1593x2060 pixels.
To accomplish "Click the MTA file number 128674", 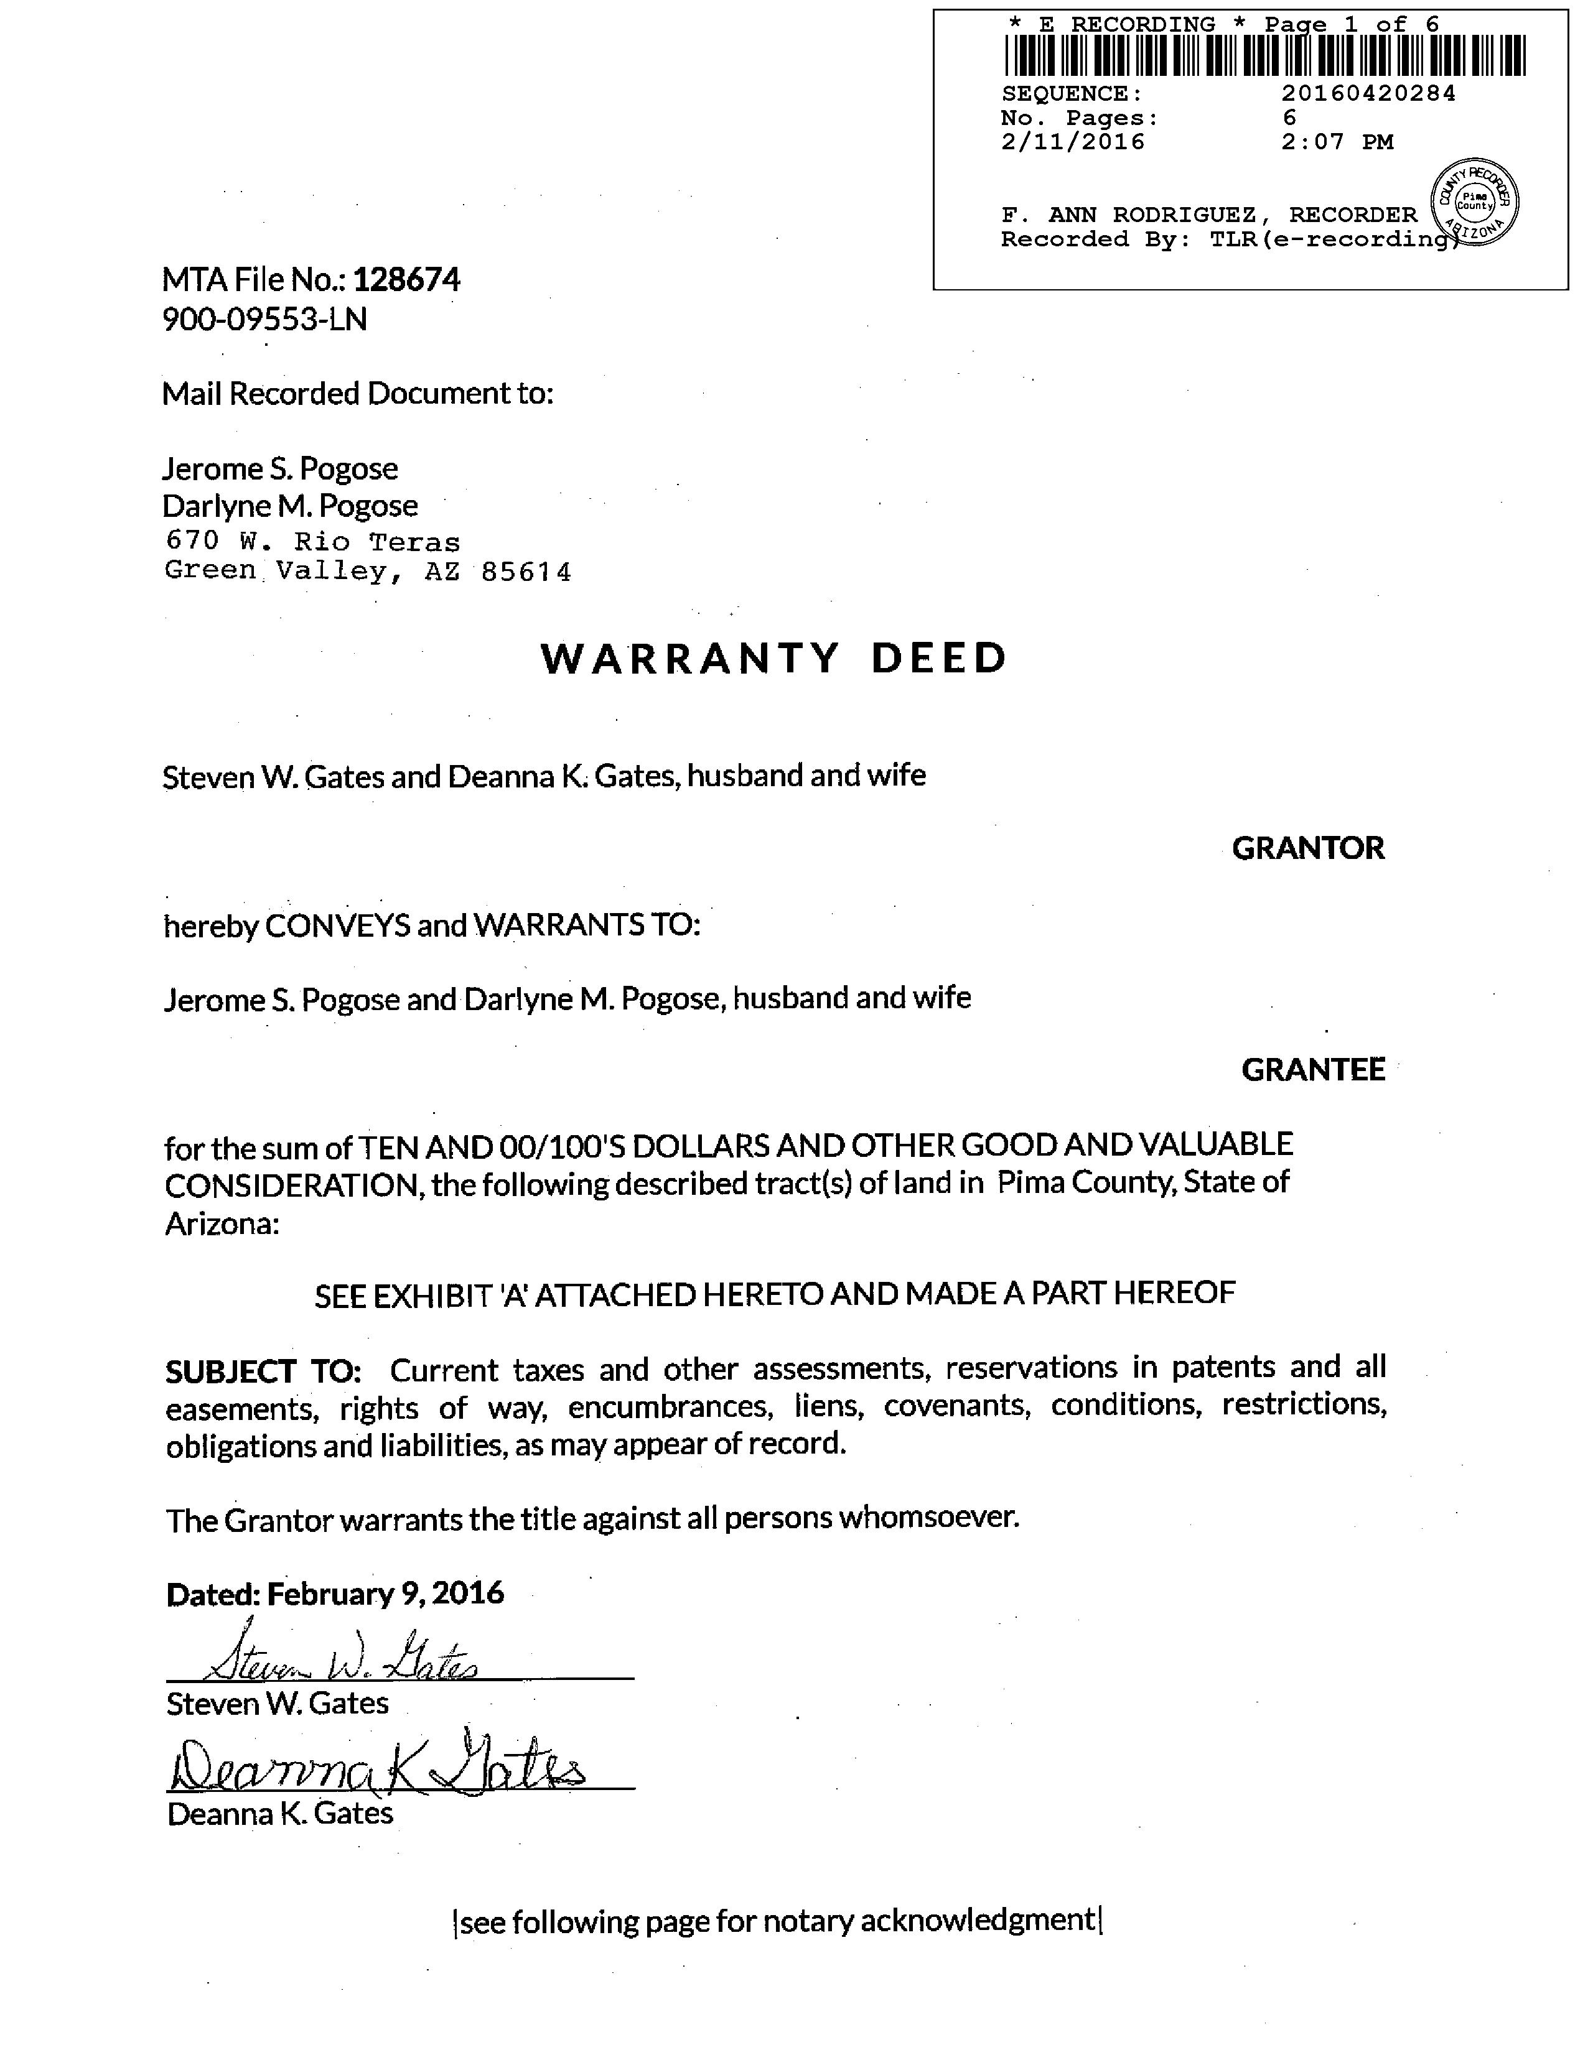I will tap(407, 280).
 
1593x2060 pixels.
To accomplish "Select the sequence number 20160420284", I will tap(1368, 93).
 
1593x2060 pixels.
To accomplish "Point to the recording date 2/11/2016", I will tap(1073, 142).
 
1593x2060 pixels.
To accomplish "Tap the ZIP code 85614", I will tap(526, 573).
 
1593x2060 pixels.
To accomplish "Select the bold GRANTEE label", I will tap(1313, 1070).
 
